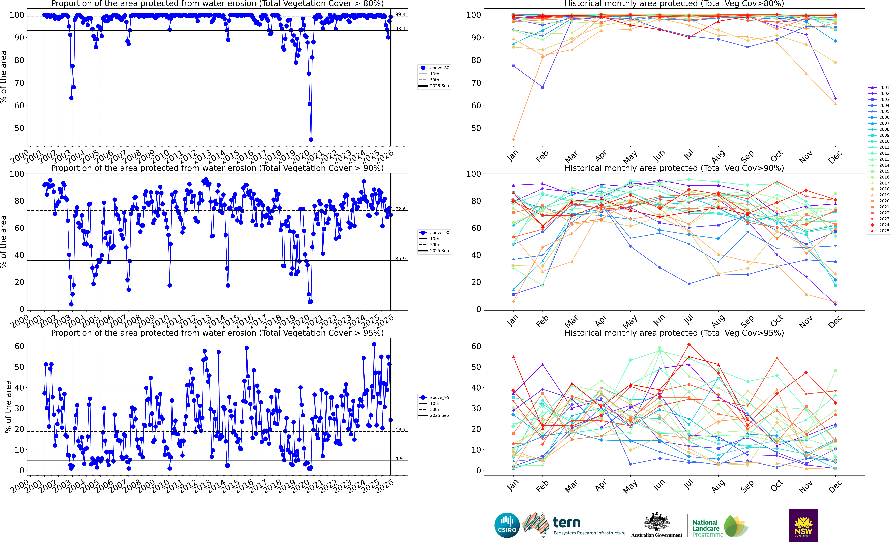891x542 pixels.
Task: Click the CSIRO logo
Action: click(507, 525)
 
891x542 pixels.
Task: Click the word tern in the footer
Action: click(567, 523)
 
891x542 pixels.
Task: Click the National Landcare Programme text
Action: click(708, 528)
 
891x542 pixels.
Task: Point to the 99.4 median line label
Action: click(400, 14)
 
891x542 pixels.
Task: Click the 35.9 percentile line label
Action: click(400, 259)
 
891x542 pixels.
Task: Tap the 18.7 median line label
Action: click(400, 430)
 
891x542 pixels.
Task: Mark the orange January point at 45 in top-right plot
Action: click(514, 139)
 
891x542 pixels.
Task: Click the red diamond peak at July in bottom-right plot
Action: click(689, 344)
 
